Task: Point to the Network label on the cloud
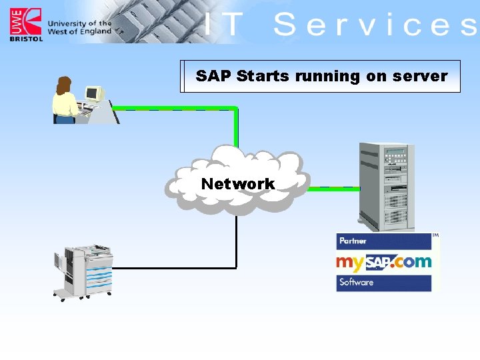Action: [x=237, y=183]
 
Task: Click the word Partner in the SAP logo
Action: [x=353, y=241]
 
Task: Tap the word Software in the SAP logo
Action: [x=356, y=282]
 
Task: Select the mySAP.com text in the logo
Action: [x=383, y=261]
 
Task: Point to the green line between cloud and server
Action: [x=333, y=188]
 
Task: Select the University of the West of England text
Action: [x=79, y=27]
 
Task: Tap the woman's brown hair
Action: [x=63, y=85]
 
